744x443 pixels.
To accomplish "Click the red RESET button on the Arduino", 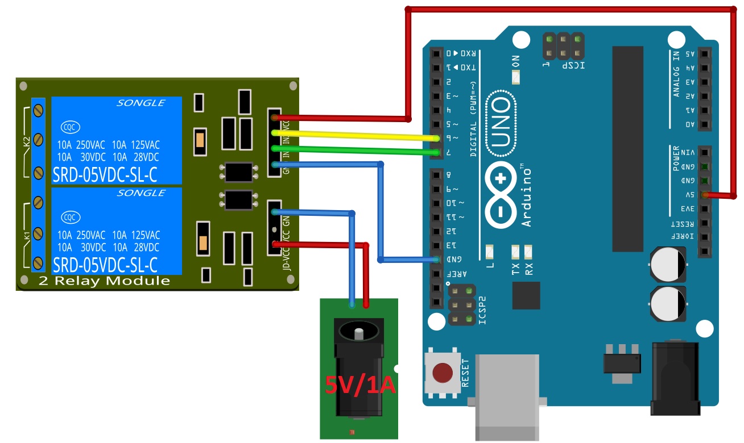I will (443, 373).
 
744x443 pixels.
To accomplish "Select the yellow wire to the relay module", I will (353, 135).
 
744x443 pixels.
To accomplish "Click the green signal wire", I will (353, 150).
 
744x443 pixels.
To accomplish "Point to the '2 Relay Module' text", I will (105, 281).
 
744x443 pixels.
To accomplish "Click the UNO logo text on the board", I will (501, 121).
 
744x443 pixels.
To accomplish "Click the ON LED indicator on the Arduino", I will (516, 77).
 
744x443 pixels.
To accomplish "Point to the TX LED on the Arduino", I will (516, 250).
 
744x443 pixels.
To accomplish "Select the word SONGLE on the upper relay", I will (140, 103).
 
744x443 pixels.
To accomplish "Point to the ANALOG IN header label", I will (676, 74).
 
